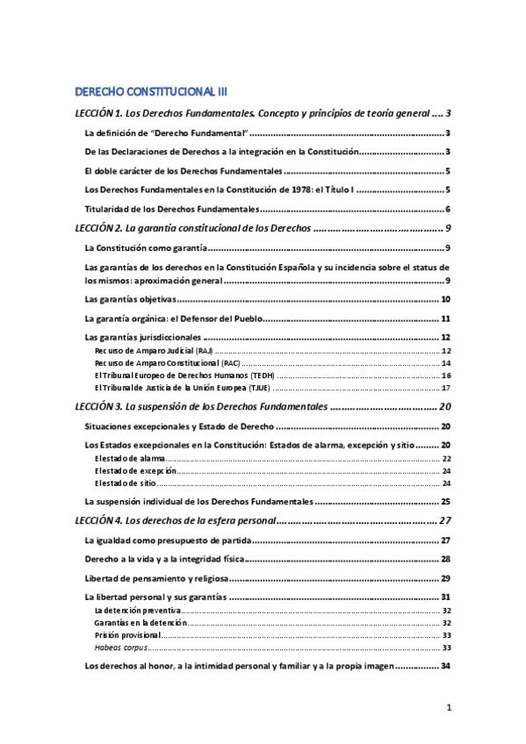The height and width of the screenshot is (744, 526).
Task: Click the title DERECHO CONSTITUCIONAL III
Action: (152, 91)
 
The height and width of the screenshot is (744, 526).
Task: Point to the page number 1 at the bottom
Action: (448, 707)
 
